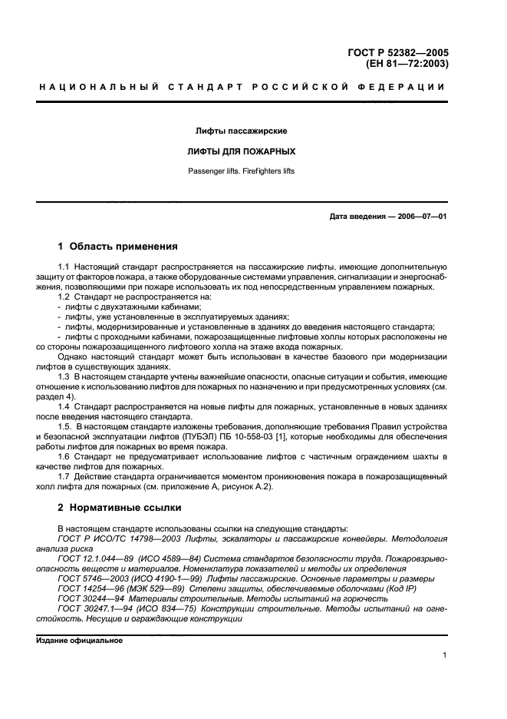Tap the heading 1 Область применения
[118, 247]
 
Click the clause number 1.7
[64, 475]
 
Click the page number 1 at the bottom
[444, 655]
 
